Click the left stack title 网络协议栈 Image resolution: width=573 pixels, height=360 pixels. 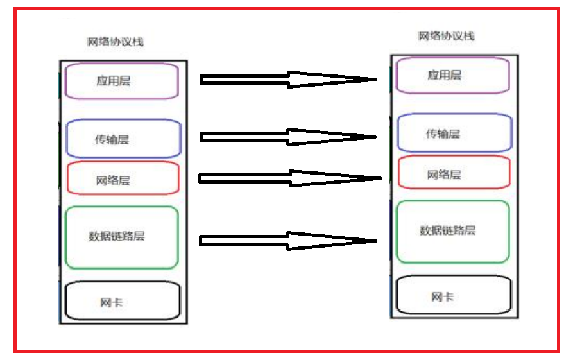115,42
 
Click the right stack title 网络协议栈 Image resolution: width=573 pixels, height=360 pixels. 447,36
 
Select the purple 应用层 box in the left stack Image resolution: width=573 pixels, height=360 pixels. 122,81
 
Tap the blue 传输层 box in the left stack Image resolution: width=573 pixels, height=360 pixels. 123,139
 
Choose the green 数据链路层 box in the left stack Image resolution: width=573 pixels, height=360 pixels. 122,237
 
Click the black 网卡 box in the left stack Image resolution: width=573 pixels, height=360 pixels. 123,301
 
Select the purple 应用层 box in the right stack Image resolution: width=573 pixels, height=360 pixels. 453,76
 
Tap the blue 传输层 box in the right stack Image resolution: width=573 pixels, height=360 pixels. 454,133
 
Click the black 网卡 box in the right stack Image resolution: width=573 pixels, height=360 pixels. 454,296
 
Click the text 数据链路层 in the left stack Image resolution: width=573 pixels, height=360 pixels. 117,236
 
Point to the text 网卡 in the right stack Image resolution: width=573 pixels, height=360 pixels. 443,297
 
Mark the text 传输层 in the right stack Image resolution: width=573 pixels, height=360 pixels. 443,134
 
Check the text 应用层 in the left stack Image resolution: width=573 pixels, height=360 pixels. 113,81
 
